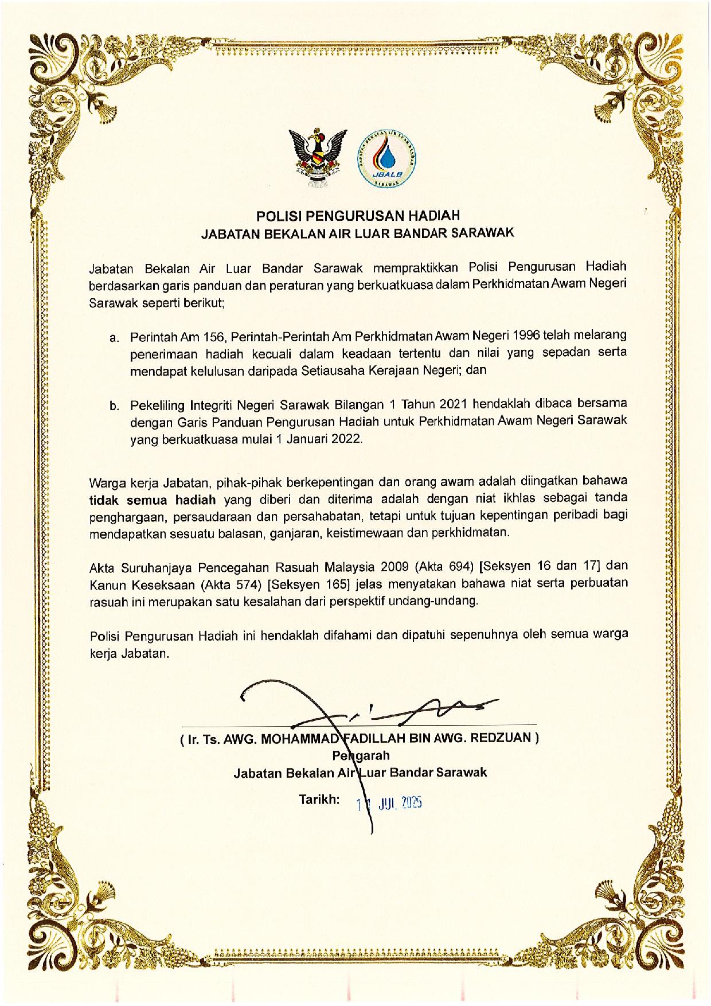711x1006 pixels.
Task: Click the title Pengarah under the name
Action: pos(361,755)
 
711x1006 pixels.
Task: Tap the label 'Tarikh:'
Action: pos(319,800)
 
